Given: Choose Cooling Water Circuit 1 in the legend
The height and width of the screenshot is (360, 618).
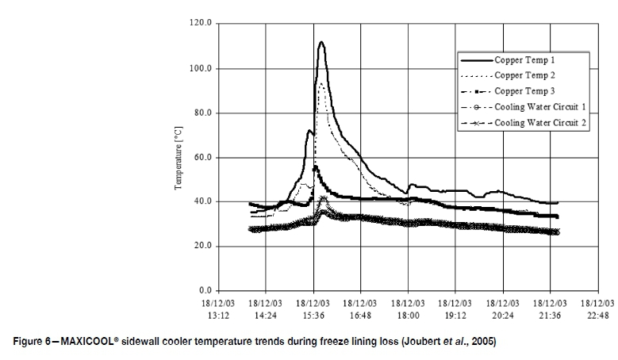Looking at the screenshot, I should pos(540,108).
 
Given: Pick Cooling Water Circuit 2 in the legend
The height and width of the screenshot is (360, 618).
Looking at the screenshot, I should pos(540,124).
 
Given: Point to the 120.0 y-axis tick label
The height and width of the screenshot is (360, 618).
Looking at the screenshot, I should pos(202,24).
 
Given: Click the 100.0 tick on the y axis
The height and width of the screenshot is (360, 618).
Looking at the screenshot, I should pos(202,68).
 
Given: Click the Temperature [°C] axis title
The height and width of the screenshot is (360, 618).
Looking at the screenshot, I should pos(179,157).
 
